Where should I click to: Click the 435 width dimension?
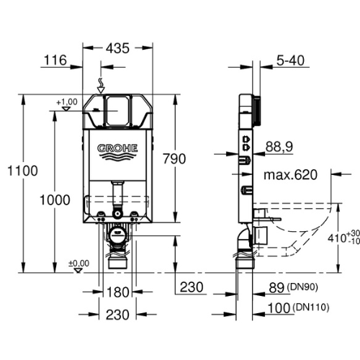(117, 48)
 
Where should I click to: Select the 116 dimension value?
(55, 60)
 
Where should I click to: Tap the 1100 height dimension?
(22, 171)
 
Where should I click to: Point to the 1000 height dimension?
(55, 200)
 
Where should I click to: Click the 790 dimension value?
(174, 158)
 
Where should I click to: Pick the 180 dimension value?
(117, 292)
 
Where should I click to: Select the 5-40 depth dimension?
(290, 60)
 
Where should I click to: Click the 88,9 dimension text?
(279, 146)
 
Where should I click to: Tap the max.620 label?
(290, 175)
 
